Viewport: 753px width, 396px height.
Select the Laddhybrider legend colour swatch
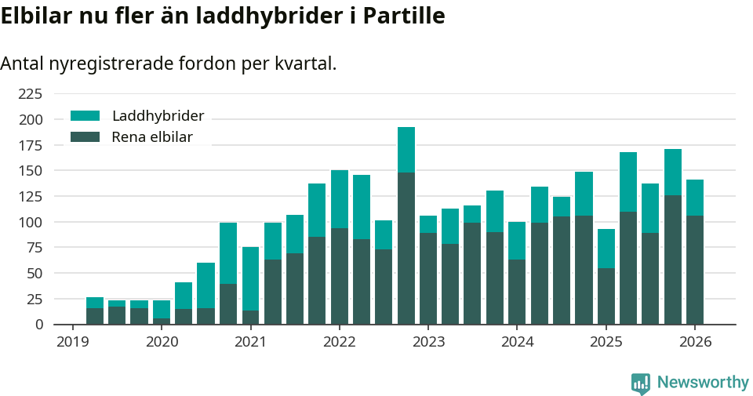(85, 116)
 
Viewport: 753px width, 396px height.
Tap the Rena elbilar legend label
(151, 137)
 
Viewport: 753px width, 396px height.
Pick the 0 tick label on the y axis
(38, 325)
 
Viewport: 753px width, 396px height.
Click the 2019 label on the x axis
(72, 342)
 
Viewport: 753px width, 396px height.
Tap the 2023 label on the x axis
(428, 342)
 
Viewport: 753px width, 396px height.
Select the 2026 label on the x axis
(695, 342)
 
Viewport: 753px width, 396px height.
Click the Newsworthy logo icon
(640, 383)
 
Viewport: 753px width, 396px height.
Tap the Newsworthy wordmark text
(703, 383)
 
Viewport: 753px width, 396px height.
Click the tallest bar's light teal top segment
(406, 150)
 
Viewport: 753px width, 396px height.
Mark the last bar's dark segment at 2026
(695, 270)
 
